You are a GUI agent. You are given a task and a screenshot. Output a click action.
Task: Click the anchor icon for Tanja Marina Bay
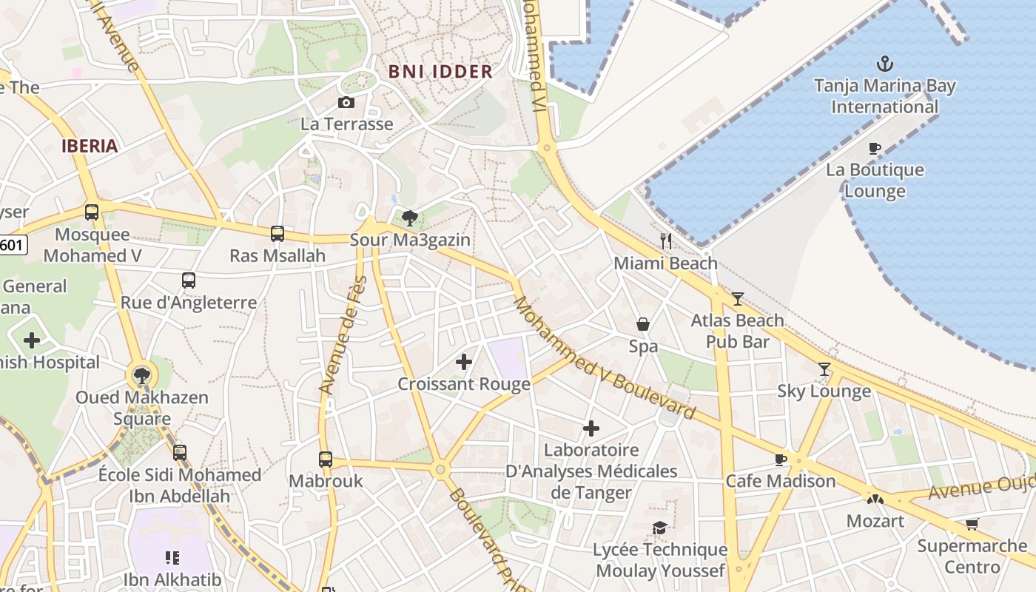pos(884,64)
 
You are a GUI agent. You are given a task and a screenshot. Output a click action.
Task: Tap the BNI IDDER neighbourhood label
pos(440,72)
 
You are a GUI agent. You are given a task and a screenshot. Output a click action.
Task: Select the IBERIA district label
pos(90,146)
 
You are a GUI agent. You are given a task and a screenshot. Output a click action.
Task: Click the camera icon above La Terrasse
pos(346,102)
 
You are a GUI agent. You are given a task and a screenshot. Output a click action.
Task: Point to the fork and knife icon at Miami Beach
pos(666,240)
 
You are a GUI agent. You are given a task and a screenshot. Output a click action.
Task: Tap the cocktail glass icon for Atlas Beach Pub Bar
pos(738,298)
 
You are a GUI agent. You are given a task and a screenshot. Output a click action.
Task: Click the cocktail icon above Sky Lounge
pos(824,369)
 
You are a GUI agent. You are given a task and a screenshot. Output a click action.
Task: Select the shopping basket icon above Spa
pos(643,324)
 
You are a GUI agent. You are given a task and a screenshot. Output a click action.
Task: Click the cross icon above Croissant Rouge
pos(464,362)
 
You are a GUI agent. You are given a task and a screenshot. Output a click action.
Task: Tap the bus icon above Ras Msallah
pos(277,234)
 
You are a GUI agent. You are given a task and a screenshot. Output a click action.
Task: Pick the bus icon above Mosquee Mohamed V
pos(92,212)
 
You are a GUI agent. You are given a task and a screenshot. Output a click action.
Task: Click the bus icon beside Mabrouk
pos(326,459)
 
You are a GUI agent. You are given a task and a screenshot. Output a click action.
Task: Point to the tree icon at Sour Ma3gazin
pos(409,218)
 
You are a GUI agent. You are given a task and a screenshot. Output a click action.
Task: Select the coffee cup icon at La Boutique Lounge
pos(875,148)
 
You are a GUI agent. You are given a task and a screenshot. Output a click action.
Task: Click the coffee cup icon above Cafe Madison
pos(781,460)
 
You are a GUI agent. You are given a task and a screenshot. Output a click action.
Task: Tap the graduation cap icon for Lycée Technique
pos(659,528)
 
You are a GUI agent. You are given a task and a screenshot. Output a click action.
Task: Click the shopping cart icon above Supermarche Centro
pos(972,524)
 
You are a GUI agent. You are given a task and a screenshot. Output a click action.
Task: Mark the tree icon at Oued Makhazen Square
pos(141,375)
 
